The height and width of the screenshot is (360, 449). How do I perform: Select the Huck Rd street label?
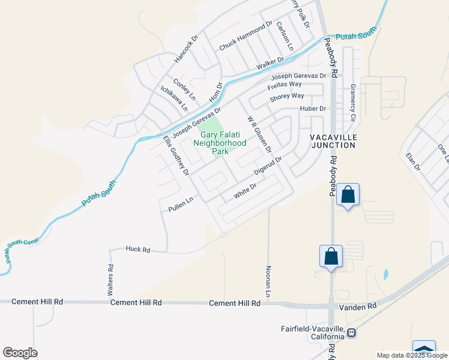pyautogui.click(x=137, y=249)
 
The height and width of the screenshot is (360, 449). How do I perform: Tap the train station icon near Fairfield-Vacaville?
pyautogui.click(x=351, y=332)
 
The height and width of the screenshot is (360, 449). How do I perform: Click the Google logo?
pyautogui.click(x=20, y=353)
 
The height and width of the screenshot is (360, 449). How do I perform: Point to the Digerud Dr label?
pyautogui.click(x=267, y=167)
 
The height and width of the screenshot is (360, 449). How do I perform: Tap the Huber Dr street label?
pyautogui.click(x=313, y=109)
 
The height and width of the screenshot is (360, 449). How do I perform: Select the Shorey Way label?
pyautogui.click(x=287, y=96)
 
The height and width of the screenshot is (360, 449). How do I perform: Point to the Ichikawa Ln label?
pyautogui.click(x=173, y=98)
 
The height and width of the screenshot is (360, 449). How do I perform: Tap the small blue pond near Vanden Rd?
pyautogui.click(x=385, y=275)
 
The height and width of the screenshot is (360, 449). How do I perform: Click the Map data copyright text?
pyautogui.click(x=411, y=355)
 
